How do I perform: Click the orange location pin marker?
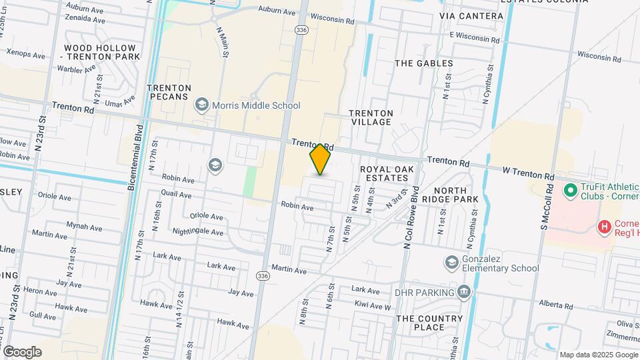coord(321,159)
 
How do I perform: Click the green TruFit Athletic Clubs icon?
coord(570,191)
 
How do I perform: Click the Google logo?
coord(22,352)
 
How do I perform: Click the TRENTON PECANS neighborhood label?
coord(169,92)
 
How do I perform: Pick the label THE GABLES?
coord(424,63)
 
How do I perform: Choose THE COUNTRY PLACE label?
coord(429,323)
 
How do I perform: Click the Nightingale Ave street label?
coord(189,231)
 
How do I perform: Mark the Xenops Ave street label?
coord(25,53)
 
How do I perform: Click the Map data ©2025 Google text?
coord(597,355)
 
